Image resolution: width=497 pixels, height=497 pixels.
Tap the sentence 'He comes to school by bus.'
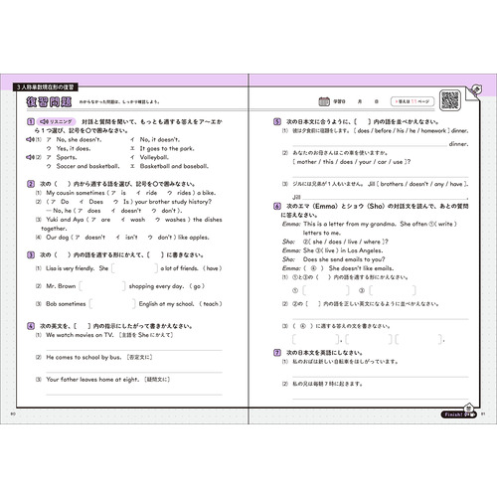click(x=81, y=356)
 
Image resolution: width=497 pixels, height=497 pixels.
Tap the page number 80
click(x=13, y=412)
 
